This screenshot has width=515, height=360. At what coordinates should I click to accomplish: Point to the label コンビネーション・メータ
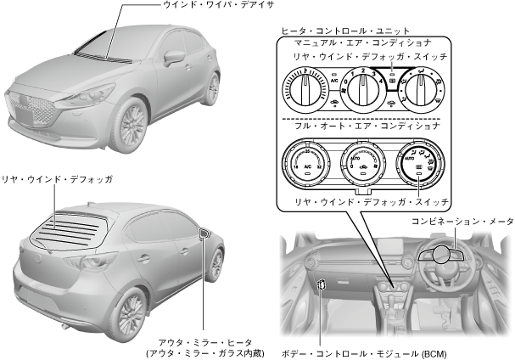click(460, 221)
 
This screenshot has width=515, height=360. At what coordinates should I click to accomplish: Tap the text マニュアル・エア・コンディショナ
click(361, 42)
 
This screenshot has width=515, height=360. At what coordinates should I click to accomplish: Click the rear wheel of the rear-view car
click(130, 312)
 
